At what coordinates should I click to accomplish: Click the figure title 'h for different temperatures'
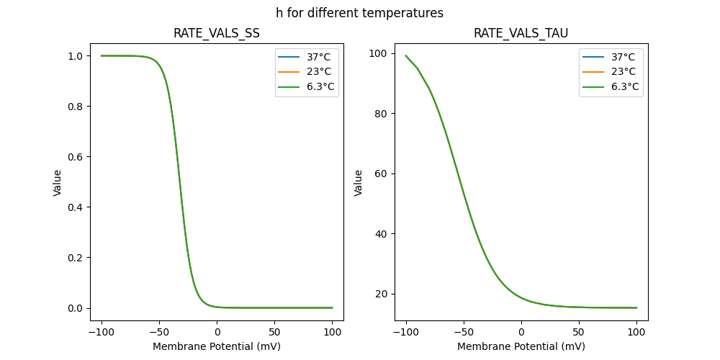coord(359,13)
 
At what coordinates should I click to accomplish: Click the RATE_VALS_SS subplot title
coord(217,34)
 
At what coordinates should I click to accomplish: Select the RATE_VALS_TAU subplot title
coord(521,34)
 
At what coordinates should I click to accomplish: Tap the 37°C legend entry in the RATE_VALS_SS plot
coord(307,57)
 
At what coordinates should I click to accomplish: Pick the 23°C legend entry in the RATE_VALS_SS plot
coord(307,72)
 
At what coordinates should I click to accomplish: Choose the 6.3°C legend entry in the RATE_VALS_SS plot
coord(307,87)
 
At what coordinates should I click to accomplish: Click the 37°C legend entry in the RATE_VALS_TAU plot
coord(611,57)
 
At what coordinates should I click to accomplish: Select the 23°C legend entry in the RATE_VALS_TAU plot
coord(611,72)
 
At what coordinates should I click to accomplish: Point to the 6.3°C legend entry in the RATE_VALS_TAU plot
coord(611,87)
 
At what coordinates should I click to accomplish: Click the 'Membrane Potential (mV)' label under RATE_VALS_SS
coord(217,346)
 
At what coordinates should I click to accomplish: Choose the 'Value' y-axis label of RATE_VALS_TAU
coord(359,183)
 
